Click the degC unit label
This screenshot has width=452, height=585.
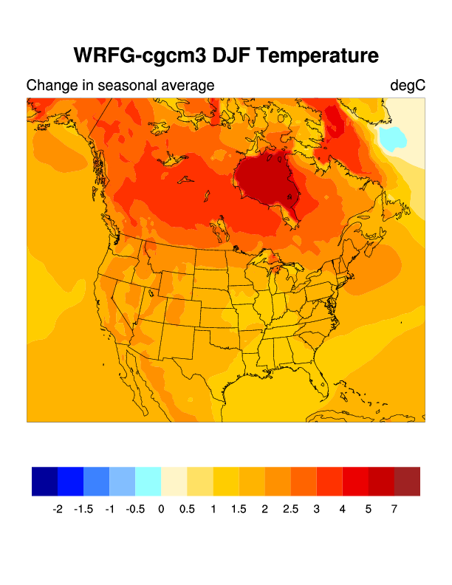pyautogui.click(x=408, y=86)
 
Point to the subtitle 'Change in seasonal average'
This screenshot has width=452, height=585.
pyautogui.click(x=120, y=86)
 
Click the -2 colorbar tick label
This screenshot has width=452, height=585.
pyautogui.click(x=58, y=509)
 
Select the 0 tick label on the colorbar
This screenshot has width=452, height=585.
pyautogui.click(x=161, y=509)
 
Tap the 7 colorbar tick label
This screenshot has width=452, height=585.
pyautogui.click(x=394, y=509)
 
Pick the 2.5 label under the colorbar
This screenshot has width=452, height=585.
pyautogui.click(x=290, y=509)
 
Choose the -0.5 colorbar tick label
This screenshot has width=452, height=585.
pyautogui.click(x=134, y=509)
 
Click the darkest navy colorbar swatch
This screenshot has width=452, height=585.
pyautogui.click(x=44, y=481)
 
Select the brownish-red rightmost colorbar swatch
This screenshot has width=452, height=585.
pyautogui.click(x=407, y=481)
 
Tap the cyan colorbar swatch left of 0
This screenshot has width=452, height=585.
pyautogui.click(x=148, y=481)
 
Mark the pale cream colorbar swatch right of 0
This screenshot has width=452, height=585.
pyautogui.click(x=174, y=481)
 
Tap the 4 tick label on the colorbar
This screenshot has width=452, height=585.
pyautogui.click(x=343, y=509)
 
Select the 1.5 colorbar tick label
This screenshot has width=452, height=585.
pyautogui.click(x=239, y=509)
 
